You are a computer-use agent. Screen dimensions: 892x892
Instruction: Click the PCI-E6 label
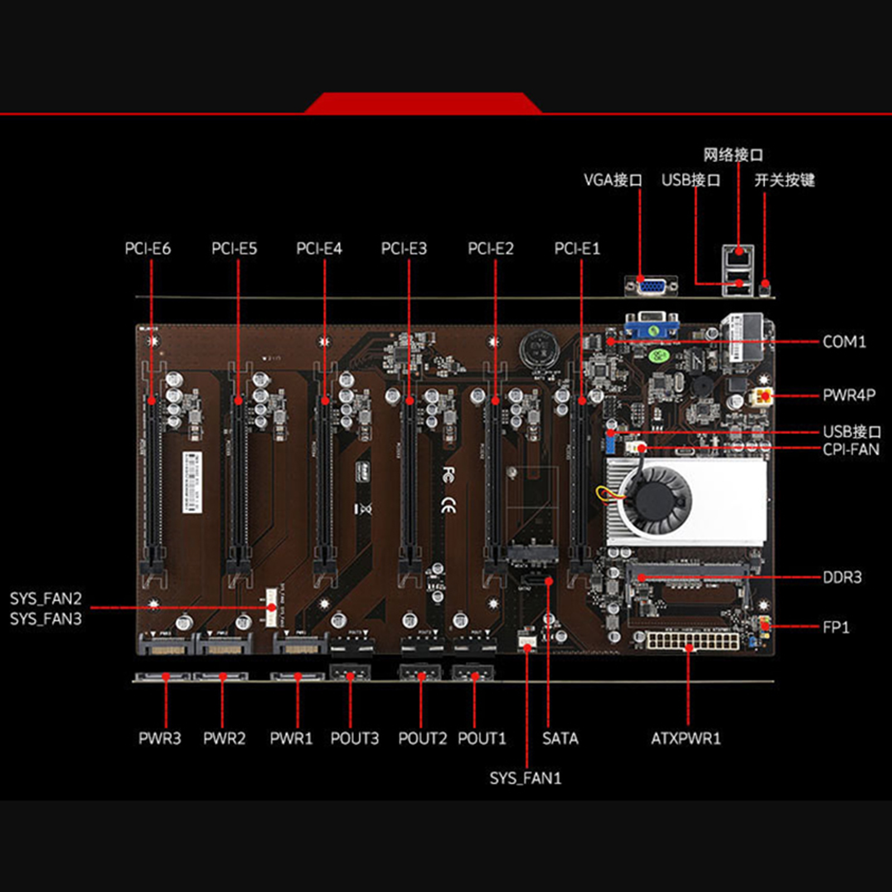pos(148,249)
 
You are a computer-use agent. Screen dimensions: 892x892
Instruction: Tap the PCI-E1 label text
pos(577,249)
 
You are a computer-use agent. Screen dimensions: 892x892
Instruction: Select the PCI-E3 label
pos(404,249)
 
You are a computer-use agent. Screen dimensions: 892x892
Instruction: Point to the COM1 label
pos(844,342)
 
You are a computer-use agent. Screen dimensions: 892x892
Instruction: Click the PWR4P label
pos(849,395)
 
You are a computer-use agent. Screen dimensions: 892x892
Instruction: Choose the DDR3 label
pos(842,578)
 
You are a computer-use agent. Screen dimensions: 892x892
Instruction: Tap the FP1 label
pos(836,627)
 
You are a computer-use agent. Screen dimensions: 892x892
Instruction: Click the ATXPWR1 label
pos(686,739)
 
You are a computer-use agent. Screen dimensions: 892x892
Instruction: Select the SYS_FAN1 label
pos(525,778)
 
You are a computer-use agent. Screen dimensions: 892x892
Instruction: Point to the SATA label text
pos(560,739)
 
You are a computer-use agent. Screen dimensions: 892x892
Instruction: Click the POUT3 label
pos(355,739)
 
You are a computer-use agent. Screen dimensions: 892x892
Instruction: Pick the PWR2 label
pos(224,739)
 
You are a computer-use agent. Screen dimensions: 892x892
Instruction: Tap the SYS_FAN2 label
pos(46,599)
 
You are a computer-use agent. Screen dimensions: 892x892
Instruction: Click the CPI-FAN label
pos(851,449)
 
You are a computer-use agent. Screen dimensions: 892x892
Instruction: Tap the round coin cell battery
pos(539,350)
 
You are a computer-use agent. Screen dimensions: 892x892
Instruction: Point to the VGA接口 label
pos(613,180)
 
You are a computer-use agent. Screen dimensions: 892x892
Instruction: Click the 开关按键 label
pos(784,180)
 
